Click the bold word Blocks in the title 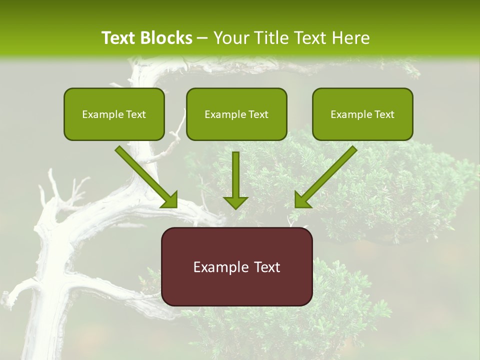(166, 38)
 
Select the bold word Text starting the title (119, 38)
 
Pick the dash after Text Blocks (202, 38)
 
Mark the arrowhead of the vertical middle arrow (235, 202)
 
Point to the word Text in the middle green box (258, 114)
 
